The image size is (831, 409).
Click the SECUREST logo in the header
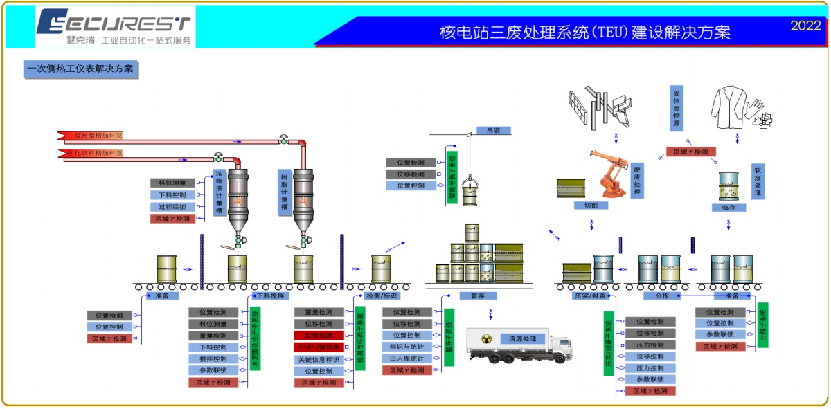pyautogui.click(x=115, y=26)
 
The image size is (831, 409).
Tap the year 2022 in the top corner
pyautogui.click(x=805, y=26)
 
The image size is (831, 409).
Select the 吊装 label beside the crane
pyautogui.click(x=493, y=129)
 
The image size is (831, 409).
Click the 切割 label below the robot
pyautogui.click(x=591, y=206)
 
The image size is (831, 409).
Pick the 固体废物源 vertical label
pyautogui.click(x=676, y=108)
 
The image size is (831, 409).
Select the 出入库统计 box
pyautogui.click(x=406, y=358)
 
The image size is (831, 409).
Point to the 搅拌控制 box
pyautogui.click(x=213, y=358)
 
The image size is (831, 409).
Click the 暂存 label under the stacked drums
pyautogui.click(x=478, y=296)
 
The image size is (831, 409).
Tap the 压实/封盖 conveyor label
pyautogui.click(x=590, y=296)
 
